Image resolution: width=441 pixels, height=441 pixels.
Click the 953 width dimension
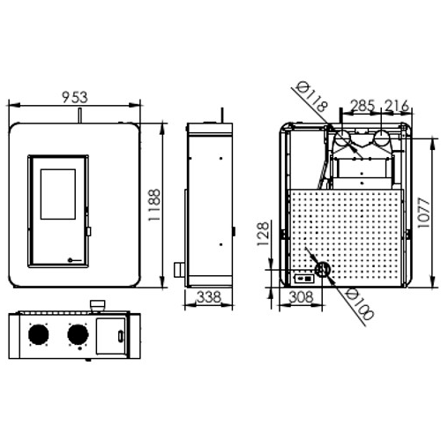(x=75, y=97)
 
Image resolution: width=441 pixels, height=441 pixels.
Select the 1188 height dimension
(x=154, y=205)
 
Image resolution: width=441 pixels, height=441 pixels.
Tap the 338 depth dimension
(x=209, y=297)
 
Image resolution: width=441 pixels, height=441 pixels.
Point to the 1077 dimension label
(x=423, y=213)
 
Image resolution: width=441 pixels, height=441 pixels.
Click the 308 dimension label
(x=302, y=297)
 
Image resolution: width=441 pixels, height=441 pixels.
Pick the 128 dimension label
(x=263, y=234)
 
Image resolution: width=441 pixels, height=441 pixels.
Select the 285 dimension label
(x=363, y=106)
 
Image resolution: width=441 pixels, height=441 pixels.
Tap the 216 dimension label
(x=397, y=106)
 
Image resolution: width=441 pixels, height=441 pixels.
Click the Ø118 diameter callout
(x=311, y=97)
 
